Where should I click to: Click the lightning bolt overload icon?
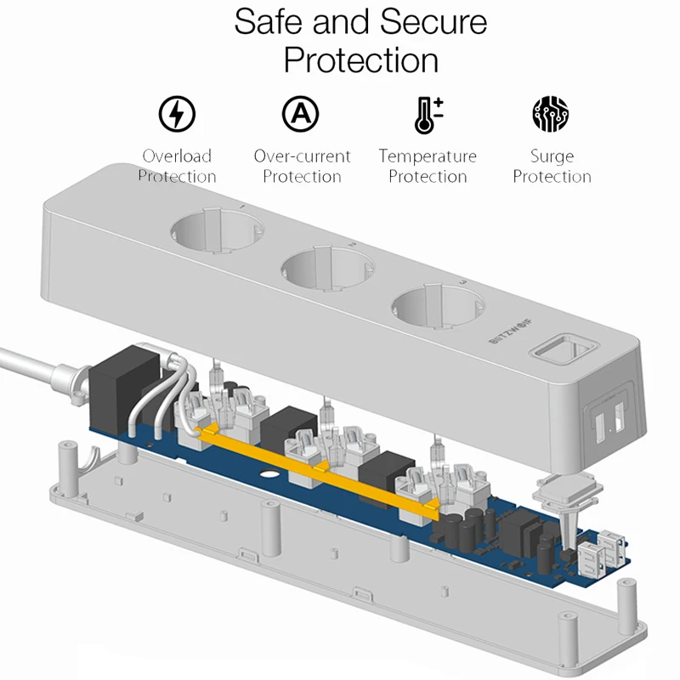click(177, 114)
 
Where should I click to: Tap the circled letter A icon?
click(300, 113)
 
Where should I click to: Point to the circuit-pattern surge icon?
click(551, 114)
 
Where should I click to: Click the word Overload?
click(177, 156)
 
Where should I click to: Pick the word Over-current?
click(302, 156)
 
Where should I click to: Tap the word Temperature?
click(428, 156)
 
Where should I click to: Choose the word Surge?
click(552, 156)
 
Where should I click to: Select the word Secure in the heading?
click(433, 23)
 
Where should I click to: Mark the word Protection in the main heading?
click(361, 60)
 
